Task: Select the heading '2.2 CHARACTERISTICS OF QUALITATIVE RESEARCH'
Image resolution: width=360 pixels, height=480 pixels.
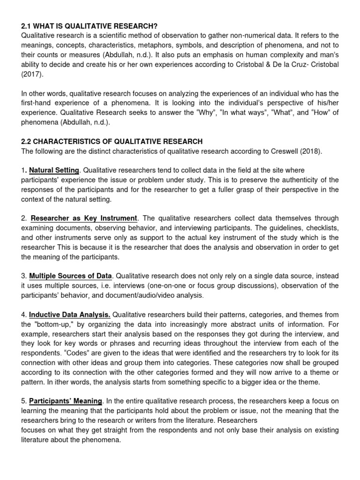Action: [112, 141]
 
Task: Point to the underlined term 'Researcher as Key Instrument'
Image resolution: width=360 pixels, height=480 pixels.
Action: [84, 218]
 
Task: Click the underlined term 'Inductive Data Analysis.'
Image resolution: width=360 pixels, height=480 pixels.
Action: [70, 315]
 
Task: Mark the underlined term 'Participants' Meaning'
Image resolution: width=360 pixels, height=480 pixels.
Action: [66, 401]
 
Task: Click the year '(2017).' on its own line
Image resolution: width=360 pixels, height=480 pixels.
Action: [33, 74]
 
